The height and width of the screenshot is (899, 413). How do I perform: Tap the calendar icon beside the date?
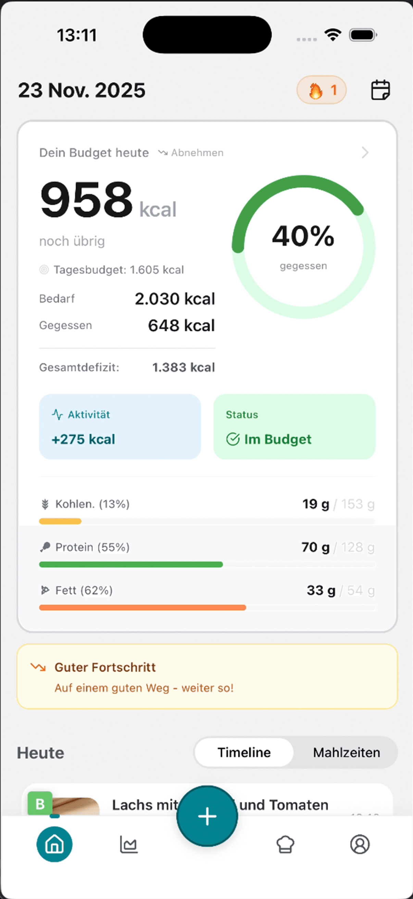(380, 90)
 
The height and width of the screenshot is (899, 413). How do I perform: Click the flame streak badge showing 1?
(321, 90)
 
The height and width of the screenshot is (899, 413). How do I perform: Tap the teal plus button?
(207, 816)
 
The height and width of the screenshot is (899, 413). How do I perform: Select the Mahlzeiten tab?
(346, 752)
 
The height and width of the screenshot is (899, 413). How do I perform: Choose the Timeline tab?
(244, 752)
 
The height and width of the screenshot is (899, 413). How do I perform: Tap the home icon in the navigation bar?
(54, 844)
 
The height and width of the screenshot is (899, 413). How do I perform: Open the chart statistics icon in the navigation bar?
(129, 844)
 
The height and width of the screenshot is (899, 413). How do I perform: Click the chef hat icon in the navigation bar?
(285, 844)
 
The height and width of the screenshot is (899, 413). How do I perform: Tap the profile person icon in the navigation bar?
(360, 844)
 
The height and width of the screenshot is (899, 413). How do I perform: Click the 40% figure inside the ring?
(303, 236)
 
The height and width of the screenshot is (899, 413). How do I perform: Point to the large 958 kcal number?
(86, 200)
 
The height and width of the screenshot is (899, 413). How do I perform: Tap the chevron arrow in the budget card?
(365, 153)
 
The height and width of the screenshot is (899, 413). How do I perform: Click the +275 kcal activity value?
(83, 439)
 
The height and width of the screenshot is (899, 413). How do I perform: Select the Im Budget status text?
(277, 439)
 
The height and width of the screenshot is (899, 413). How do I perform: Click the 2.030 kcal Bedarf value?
(175, 299)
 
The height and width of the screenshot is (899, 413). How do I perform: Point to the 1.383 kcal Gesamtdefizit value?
(183, 367)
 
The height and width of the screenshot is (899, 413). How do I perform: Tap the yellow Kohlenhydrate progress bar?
(60, 521)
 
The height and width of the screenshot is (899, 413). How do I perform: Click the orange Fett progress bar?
(142, 608)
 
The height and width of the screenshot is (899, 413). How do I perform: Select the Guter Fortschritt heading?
(105, 667)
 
